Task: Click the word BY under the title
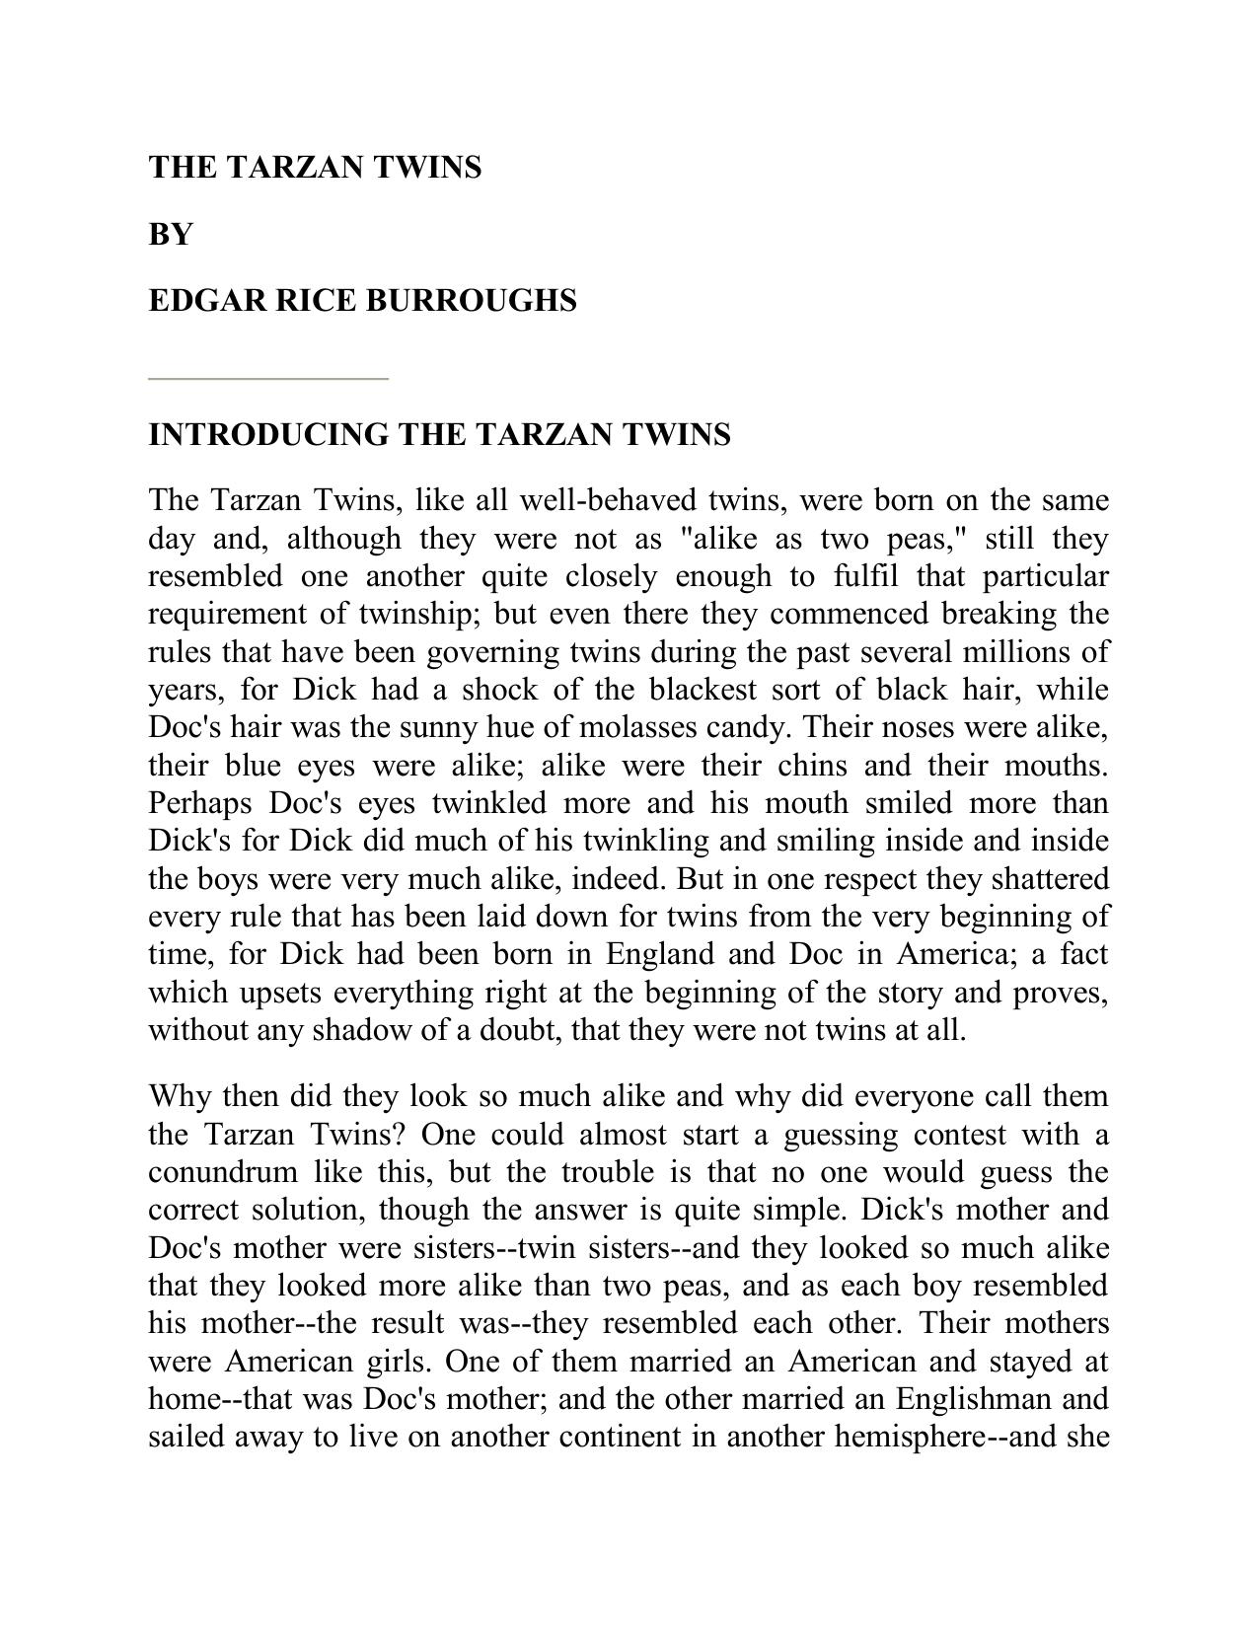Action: (x=171, y=234)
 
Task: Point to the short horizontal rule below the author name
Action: (x=268, y=378)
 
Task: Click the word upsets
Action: (x=278, y=993)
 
